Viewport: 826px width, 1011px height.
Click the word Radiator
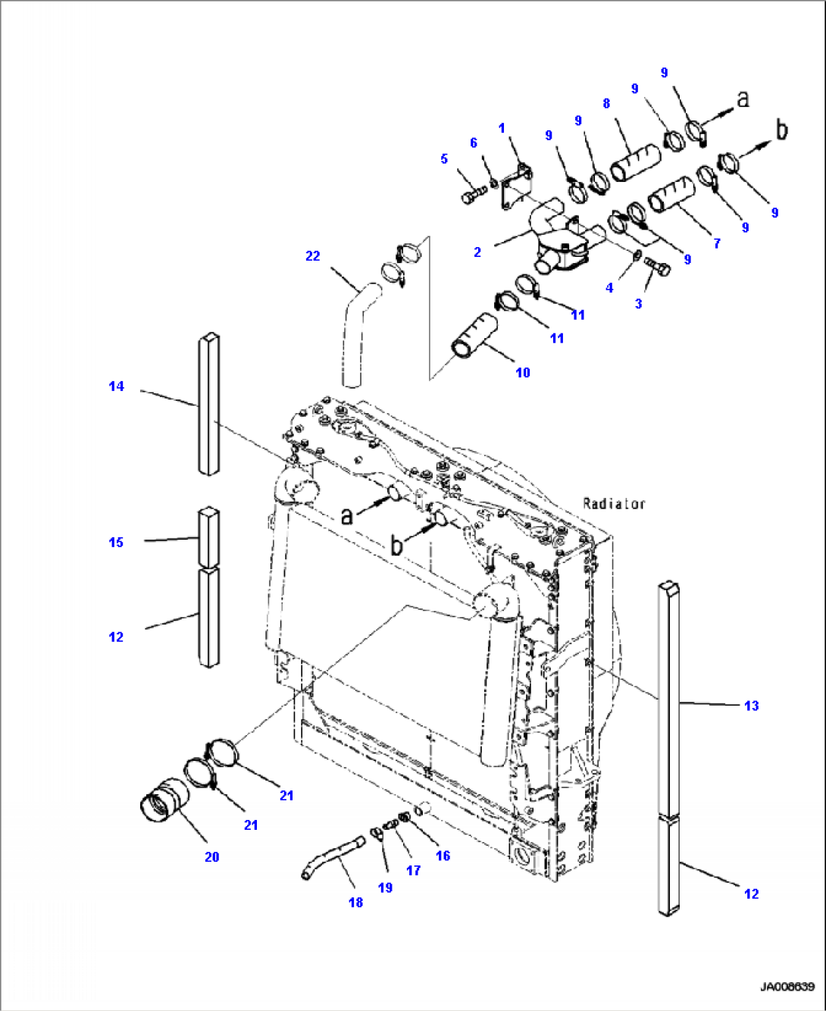pos(614,503)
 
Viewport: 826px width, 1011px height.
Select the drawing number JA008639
pos(787,987)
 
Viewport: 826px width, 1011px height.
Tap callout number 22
pos(312,256)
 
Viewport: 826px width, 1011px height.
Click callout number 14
pos(116,387)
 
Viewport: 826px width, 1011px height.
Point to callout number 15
pos(116,543)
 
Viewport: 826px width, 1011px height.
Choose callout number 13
pos(751,706)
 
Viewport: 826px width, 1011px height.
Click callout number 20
pos(211,857)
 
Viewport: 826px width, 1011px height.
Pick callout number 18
pos(355,903)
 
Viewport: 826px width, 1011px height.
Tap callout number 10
pos(523,373)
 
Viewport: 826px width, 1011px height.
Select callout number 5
pos(444,159)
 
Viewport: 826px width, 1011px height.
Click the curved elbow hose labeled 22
pos(355,333)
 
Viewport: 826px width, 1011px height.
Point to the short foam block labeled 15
pos(208,537)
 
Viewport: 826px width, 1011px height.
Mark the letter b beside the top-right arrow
pos(781,130)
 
